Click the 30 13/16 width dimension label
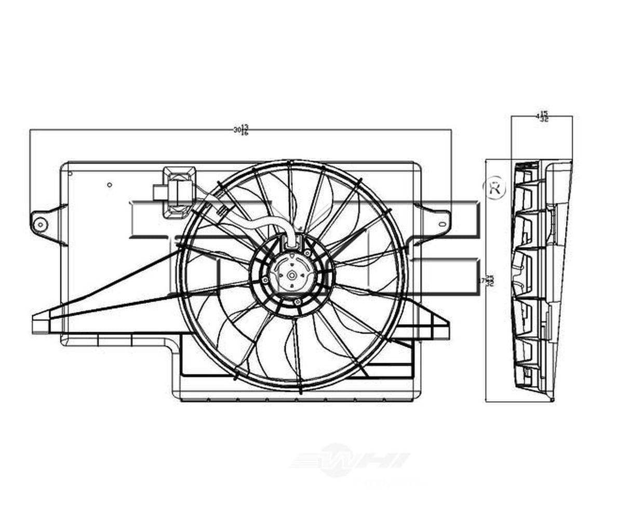pyautogui.click(x=241, y=130)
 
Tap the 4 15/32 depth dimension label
pyautogui.click(x=542, y=116)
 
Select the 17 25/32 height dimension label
pyautogui.click(x=487, y=280)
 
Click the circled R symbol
pyautogui.click(x=494, y=189)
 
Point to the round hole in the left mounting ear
pyautogui.click(x=40, y=225)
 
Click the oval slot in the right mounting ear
pyautogui.click(x=442, y=224)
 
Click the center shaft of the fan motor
pyautogui.click(x=292, y=275)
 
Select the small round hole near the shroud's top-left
pyautogui.click(x=109, y=185)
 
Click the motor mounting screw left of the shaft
pyautogui.click(x=266, y=280)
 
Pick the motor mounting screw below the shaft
pyautogui.click(x=297, y=302)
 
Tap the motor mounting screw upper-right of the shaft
pyautogui.click(x=307, y=253)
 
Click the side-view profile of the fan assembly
pyautogui.click(x=540, y=280)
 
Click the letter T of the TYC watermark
pyautogui.click(x=156, y=223)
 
